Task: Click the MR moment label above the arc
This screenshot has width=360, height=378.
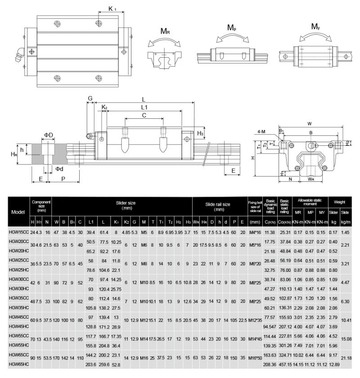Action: tap(165, 31)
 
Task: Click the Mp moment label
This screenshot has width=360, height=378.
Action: tap(231, 28)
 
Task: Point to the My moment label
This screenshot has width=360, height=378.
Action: tap(316, 27)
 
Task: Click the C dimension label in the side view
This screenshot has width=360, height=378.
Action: tap(144, 116)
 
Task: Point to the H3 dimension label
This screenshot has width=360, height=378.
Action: tap(200, 133)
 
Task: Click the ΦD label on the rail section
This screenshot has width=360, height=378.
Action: tap(49, 135)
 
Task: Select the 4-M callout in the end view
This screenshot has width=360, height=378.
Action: tap(261, 131)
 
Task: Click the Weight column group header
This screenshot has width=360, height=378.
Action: tap(340, 202)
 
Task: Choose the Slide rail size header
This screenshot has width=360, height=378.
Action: tap(218, 207)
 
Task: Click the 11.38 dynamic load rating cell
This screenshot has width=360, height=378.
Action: tap(270, 232)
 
